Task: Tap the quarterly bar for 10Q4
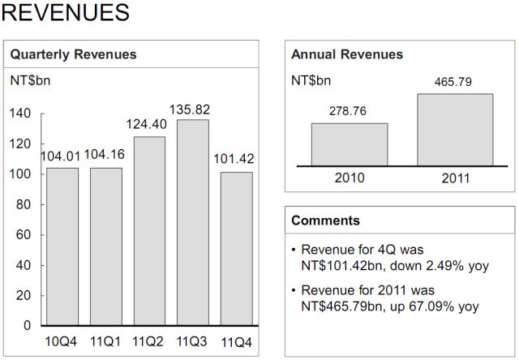[62, 246]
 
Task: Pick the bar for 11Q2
[150, 230]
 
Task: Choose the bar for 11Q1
[106, 246]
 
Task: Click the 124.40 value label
[148, 126]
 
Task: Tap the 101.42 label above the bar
[234, 159]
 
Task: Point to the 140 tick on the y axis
[21, 114]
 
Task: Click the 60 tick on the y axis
[24, 235]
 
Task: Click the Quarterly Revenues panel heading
[73, 55]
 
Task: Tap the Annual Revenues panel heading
[347, 55]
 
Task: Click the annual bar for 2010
[350, 144]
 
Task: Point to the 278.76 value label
[350, 111]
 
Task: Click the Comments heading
[325, 221]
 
